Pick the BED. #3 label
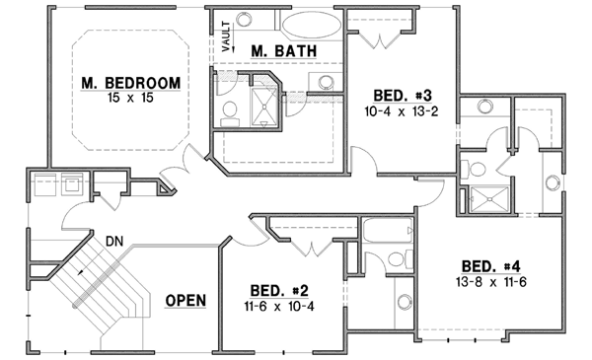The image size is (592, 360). pyautogui.click(x=400, y=95)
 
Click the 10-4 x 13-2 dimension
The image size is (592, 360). pyautogui.click(x=400, y=111)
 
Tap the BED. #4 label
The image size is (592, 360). pyautogui.click(x=490, y=265)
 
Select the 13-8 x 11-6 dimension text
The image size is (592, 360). pyautogui.click(x=490, y=282)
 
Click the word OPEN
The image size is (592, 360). pyautogui.click(x=185, y=300)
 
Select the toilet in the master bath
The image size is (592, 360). pyautogui.click(x=227, y=111)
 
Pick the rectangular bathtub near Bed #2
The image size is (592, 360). pyautogui.click(x=386, y=233)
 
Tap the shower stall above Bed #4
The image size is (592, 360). pyautogui.click(x=487, y=198)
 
